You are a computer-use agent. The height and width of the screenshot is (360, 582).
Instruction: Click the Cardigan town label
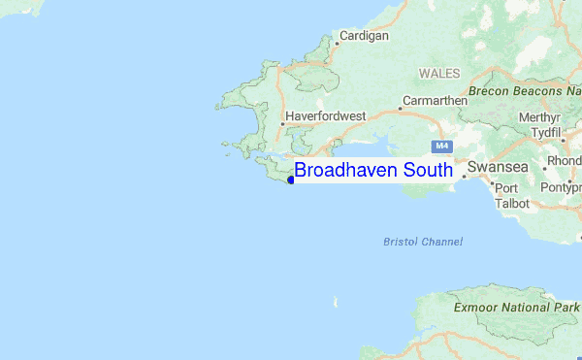[x=364, y=36]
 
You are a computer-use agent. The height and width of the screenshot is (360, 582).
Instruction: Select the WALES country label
[x=439, y=73]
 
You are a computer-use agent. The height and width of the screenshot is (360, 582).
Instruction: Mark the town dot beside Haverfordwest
[x=281, y=123]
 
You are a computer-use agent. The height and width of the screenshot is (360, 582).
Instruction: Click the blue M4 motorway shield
[x=441, y=146]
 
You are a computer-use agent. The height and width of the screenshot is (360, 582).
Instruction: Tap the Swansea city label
[x=499, y=167]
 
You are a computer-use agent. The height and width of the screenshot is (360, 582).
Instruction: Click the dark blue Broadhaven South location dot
[x=291, y=180]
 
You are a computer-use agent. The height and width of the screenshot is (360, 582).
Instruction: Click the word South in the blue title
[x=428, y=171]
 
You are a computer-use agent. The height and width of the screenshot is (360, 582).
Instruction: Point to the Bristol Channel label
[x=423, y=242]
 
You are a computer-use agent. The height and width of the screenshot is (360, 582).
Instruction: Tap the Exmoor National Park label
[x=516, y=307]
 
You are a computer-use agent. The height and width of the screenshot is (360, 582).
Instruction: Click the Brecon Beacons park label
[x=524, y=90]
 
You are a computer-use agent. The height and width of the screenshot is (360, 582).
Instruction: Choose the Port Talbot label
[x=512, y=196]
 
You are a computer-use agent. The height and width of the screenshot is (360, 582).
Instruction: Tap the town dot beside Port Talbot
[x=493, y=181]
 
